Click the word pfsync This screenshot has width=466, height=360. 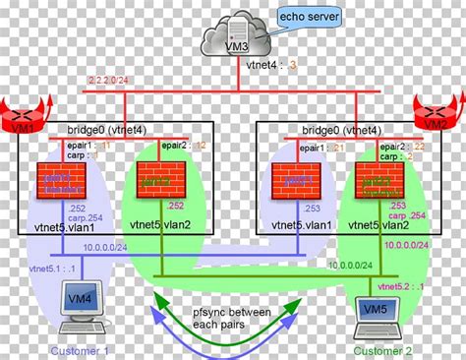point(198,313)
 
